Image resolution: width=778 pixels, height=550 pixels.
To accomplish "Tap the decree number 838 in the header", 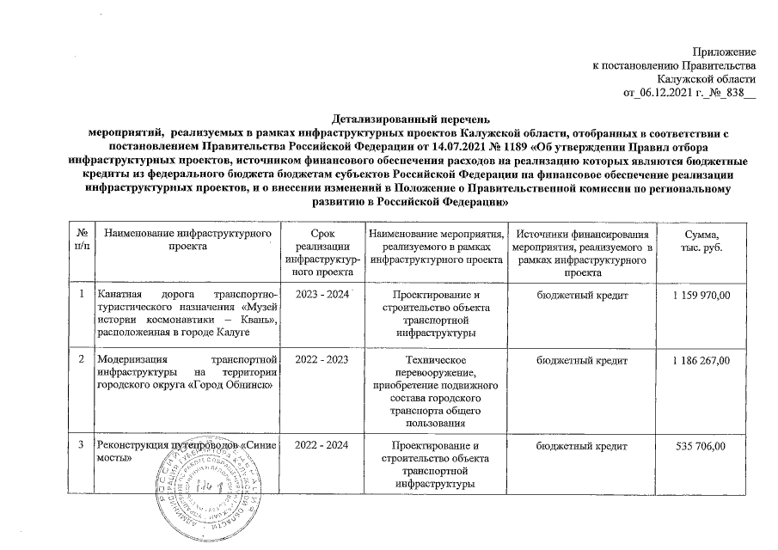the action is point(732,94).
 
